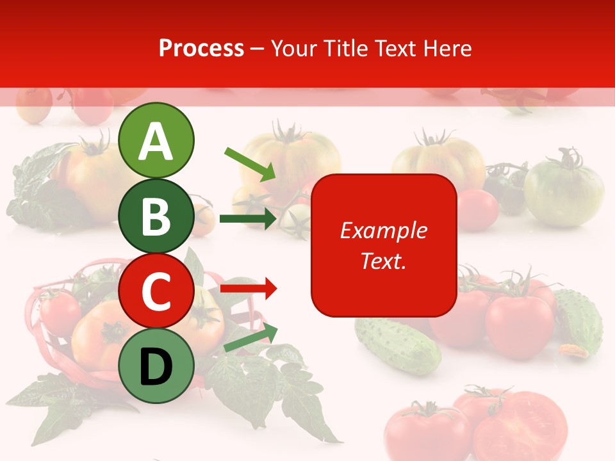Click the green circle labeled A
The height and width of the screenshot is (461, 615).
[x=156, y=141]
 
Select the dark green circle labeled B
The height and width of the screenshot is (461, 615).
[x=156, y=216]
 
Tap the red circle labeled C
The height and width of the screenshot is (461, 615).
[x=156, y=291]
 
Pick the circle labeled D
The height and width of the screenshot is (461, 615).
[x=156, y=366]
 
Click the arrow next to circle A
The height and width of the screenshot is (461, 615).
[x=250, y=163]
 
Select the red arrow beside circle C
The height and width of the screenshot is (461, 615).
[x=249, y=289]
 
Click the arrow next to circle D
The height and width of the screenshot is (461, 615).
[x=250, y=339]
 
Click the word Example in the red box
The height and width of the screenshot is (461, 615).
[x=383, y=230]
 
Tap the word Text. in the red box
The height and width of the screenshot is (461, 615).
[x=383, y=261]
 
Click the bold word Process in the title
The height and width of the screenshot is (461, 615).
[x=201, y=49]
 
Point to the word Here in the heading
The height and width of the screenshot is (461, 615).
[x=448, y=49]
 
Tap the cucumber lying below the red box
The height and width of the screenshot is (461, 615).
[x=397, y=346]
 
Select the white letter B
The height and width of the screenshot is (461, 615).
[x=156, y=216]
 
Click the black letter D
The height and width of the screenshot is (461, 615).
[x=156, y=367]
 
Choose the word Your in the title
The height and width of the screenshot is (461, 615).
[x=294, y=49]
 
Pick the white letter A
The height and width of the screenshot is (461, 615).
[x=156, y=141]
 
